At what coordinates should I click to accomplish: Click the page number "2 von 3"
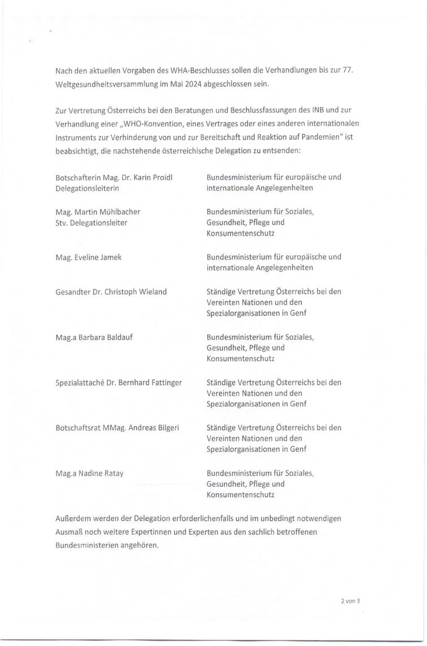coord(350,601)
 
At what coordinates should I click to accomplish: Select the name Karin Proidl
coord(152,177)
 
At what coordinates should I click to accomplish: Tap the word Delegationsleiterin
coord(87,188)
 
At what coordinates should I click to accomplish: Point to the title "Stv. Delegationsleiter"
coord(91,222)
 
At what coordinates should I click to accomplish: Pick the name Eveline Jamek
coord(97,257)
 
